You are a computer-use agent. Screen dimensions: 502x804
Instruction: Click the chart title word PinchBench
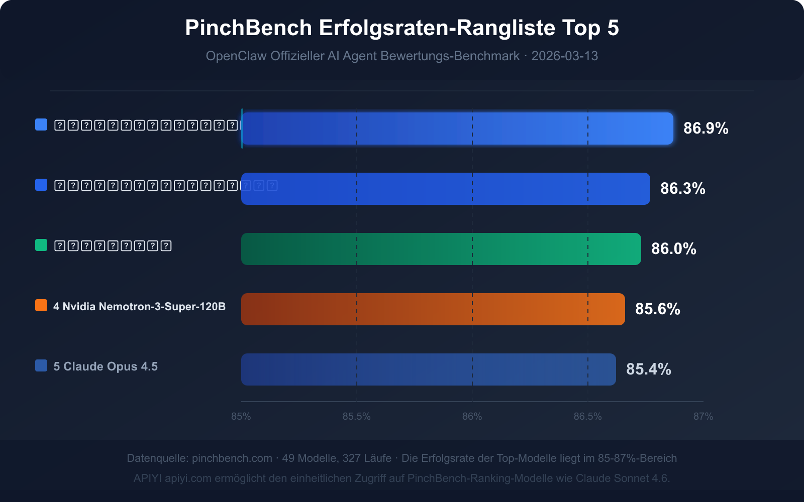coord(249,28)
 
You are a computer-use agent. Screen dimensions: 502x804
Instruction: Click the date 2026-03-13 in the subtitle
coord(564,56)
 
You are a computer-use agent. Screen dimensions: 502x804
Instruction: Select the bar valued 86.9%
coord(457,129)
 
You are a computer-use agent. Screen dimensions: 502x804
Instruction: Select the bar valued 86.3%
coord(445,189)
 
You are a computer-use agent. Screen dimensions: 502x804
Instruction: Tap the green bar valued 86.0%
coord(441,249)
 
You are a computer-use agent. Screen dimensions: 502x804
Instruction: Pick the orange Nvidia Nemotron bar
coord(433,309)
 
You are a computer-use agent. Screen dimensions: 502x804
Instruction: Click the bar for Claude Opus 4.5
coord(428,369)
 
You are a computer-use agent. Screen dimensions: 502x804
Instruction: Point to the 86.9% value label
coord(706,129)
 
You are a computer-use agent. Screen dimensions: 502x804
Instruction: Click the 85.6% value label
coord(657,309)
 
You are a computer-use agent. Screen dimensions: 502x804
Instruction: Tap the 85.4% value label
coord(648,369)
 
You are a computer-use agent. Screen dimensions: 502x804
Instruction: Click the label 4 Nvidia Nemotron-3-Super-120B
coord(139,306)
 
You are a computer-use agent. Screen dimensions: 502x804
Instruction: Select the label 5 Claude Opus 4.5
coord(106,366)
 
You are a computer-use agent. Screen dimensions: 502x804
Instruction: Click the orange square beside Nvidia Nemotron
coord(41,305)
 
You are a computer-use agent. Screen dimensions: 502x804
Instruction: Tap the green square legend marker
coord(41,245)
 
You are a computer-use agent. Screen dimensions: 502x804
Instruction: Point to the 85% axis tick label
coord(241,417)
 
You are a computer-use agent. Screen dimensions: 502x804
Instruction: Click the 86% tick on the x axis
coord(472,417)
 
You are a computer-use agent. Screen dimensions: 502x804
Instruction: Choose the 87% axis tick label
coord(703,417)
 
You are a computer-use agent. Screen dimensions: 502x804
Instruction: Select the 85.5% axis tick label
coord(357,417)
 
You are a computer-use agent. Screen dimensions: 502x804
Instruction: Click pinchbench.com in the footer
coord(232,458)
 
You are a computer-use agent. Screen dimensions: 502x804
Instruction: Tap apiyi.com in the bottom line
coord(188,478)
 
